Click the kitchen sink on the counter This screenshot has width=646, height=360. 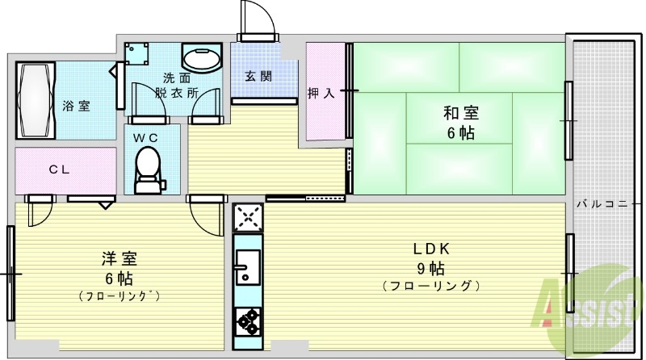click(x=246, y=265)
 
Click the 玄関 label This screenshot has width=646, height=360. click(x=258, y=77)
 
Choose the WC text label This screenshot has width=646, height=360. click(x=145, y=137)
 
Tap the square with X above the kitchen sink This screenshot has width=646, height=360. click(x=247, y=217)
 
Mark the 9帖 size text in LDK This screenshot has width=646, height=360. click(x=432, y=268)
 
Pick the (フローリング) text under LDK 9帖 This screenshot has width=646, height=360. click(x=431, y=286)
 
